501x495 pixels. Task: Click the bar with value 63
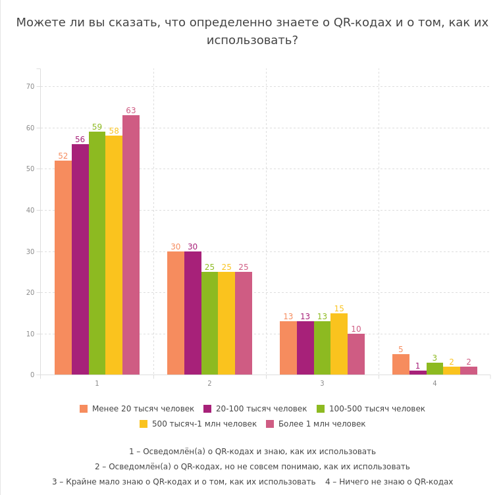(x=130, y=245)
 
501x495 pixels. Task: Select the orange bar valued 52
(x=63, y=267)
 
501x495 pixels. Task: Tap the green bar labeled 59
(x=97, y=253)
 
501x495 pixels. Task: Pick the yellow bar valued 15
(x=339, y=344)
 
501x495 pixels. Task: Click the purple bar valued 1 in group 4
(x=417, y=373)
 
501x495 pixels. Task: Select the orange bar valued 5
(x=400, y=364)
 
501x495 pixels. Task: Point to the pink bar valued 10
(x=356, y=354)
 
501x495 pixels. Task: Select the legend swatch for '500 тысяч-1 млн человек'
(x=144, y=424)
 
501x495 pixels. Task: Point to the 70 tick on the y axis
(x=30, y=86)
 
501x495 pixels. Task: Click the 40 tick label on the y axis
(x=30, y=210)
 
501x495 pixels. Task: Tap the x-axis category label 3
(x=322, y=384)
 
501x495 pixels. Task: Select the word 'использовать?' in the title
(x=252, y=40)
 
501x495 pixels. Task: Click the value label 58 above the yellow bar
(x=114, y=131)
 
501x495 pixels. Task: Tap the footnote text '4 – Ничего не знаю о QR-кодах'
(x=389, y=482)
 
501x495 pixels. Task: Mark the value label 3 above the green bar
(x=435, y=358)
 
